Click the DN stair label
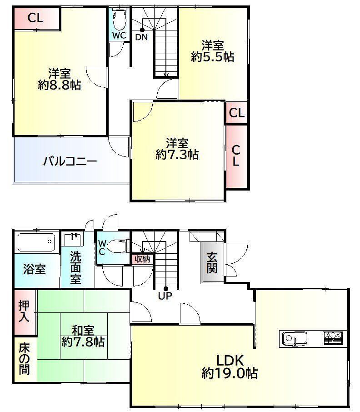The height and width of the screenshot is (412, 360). pos(141,37)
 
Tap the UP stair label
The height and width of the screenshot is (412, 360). pos(165,296)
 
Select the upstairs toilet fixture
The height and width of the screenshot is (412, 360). pos(119,19)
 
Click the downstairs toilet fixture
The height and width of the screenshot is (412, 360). pos(118,246)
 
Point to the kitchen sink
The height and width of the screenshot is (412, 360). pos(295,338)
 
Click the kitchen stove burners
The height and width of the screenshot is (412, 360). pos(332,338)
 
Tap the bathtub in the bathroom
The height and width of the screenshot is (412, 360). pos(36,242)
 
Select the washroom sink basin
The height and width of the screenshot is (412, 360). pos(74,239)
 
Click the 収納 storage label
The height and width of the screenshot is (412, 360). pos(142,259)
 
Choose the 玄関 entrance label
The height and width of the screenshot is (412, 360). pos(212,262)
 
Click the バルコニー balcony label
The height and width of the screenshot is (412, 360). pos(70,161)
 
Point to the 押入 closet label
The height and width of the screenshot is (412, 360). pos(24,312)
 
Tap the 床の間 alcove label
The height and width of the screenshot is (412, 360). pos(24,359)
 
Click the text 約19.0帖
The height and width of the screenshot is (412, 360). pos(230,373)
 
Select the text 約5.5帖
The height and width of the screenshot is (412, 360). pos(212,57)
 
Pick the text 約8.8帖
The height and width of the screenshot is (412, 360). pos(60,85)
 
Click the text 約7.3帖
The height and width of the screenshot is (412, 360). pos(177,155)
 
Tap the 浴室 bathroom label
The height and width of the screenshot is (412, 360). pos(35,269)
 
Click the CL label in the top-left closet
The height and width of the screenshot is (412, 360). pos(35,18)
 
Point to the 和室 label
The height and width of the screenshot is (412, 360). pos(83,331)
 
